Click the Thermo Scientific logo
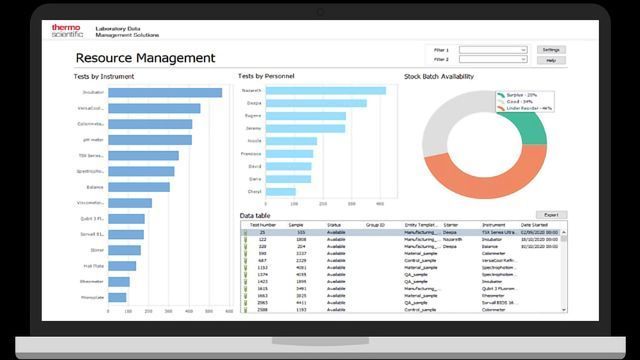click(x=67, y=31)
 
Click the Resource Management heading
click(x=145, y=58)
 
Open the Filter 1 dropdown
click(x=493, y=49)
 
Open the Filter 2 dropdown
click(x=493, y=60)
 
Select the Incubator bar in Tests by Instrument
click(x=165, y=92)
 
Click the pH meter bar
click(x=150, y=141)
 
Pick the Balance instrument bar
click(x=139, y=187)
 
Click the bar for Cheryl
click(x=281, y=191)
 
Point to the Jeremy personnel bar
click(x=306, y=128)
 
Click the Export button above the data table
click(x=550, y=214)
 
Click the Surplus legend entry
click(x=519, y=93)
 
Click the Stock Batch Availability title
click(x=439, y=76)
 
